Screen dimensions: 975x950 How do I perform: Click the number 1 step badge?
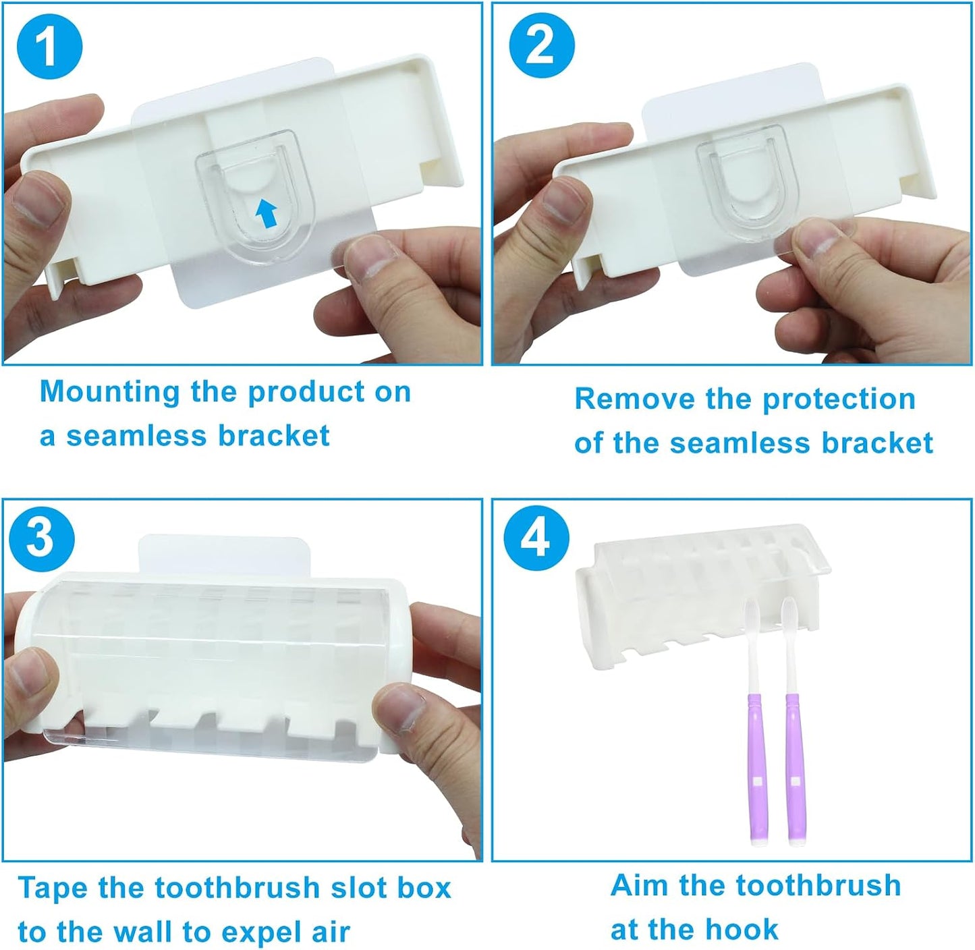[50, 47]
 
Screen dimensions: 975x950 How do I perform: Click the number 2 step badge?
[542, 47]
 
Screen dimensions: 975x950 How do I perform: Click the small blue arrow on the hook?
[266, 213]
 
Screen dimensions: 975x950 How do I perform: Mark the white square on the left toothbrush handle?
[758, 781]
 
